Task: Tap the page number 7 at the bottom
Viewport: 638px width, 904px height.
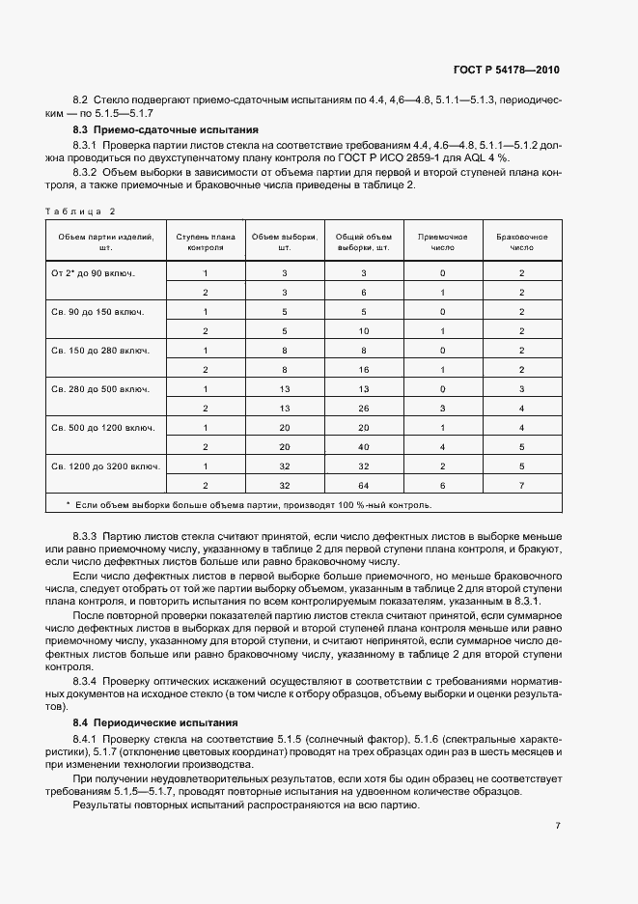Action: pos(559,826)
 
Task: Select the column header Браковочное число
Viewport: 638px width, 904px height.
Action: pos(521,241)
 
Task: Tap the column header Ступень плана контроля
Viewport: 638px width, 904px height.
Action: pos(205,241)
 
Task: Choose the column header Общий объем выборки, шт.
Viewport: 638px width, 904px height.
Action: pos(363,241)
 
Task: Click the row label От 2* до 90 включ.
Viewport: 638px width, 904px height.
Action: pos(93,273)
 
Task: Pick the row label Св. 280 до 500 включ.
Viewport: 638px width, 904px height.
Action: pos(99,389)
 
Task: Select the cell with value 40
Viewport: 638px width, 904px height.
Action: pos(363,447)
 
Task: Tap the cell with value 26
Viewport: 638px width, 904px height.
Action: pos(363,409)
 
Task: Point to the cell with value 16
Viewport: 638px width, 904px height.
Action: pos(363,370)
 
